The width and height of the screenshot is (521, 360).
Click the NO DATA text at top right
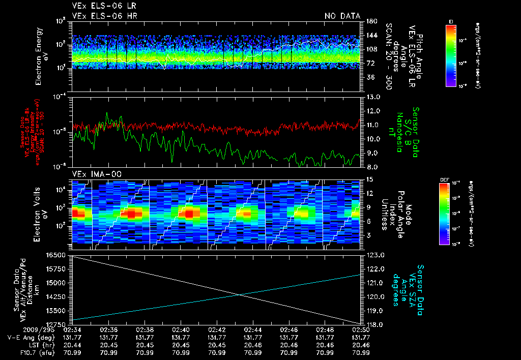pos(342,16)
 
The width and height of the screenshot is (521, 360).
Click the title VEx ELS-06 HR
pos(104,16)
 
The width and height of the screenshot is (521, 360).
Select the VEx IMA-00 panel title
pos(98,174)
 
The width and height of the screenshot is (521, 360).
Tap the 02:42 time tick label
pos(217,330)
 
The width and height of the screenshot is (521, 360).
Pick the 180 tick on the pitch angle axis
pos(371,21)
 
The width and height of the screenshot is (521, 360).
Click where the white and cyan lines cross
pos(240,295)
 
